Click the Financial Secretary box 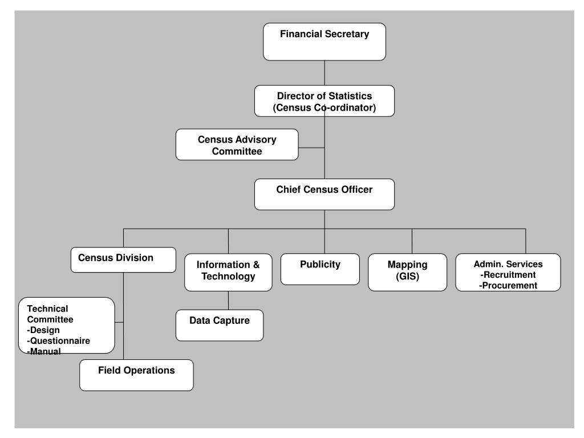(325, 42)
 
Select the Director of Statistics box (325, 101)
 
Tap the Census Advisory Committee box (237, 144)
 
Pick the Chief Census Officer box (325, 194)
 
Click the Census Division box (123, 259)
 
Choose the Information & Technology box (228, 272)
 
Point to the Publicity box (320, 269)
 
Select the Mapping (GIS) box (407, 272)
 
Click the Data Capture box (220, 325)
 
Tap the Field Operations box (136, 375)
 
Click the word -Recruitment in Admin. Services (508, 275)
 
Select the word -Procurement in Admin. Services (508, 286)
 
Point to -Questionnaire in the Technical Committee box (59, 341)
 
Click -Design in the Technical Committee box (43, 330)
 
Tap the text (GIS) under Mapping (407, 277)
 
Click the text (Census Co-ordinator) (325, 108)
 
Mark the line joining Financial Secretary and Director (325, 73)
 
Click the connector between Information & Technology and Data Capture (228, 300)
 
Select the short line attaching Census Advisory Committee (311, 148)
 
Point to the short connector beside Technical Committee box (119, 322)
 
